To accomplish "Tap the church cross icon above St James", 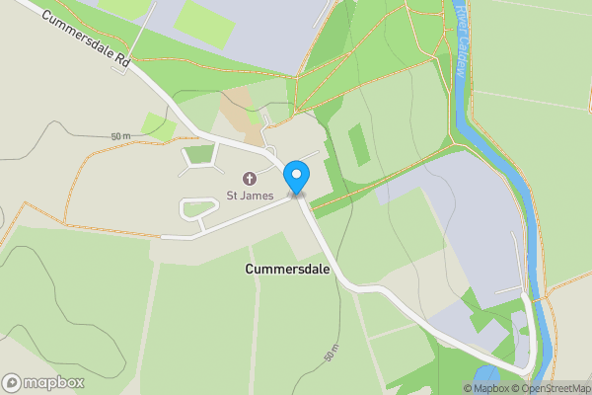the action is point(248,179).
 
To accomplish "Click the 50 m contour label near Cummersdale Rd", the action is point(120,135).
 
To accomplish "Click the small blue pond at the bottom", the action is point(487,376).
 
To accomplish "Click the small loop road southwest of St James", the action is point(198,207).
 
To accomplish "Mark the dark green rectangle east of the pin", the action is point(359,144).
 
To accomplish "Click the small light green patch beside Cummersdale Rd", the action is point(158,125).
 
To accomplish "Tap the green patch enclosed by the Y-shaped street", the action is point(200,153).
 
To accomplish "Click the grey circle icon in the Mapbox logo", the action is point(12,383).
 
